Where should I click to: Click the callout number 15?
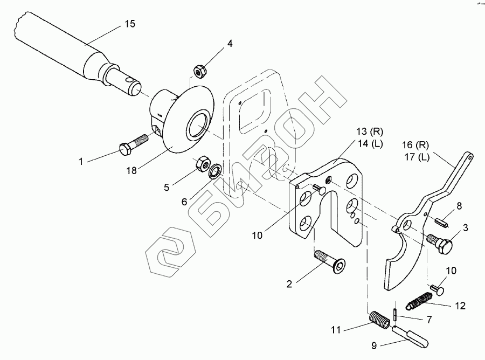click(x=130, y=24)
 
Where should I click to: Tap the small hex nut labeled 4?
click(x=200, y=71)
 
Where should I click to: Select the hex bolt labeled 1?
click(x=134, y=144)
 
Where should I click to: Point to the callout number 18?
click(x=131, y=170)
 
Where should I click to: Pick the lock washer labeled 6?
click(x=214, y=171)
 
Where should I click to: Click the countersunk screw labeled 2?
click(x=330, y=262)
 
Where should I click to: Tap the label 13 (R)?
click(x=370, y=131)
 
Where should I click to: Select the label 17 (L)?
click(x=417, y=157)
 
